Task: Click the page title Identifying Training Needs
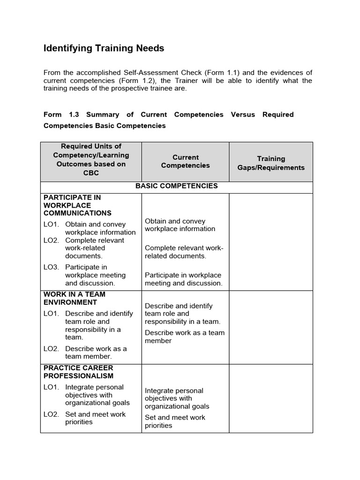(104, 48)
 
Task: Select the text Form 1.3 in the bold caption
(61, 114)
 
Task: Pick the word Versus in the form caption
(243, 114)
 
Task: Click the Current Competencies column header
(185, 161)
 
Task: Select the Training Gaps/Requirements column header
(270, 163)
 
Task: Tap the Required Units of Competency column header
(91, 159)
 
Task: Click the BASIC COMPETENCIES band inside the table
(176, 186)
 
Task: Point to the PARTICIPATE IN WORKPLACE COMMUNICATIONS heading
(77, 205)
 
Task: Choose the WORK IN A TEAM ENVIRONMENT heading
(75, 298)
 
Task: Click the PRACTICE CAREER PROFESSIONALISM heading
(78, 372)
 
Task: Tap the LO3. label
(51, 267)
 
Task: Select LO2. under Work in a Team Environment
(51, 349)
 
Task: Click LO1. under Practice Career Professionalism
(51, 387)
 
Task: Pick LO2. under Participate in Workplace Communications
(51, 240)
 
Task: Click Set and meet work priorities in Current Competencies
(175, 421)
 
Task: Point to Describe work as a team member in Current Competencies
(184, 337)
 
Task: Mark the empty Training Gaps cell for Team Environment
(270, 327)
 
